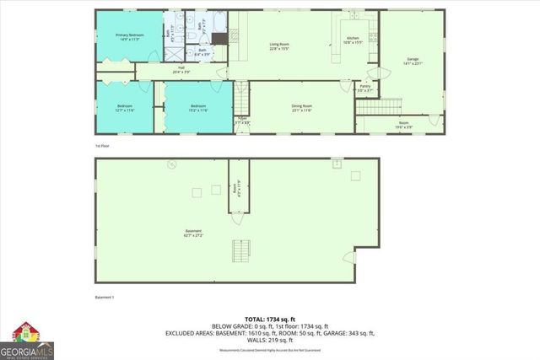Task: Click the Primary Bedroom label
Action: click(x=130, y=36)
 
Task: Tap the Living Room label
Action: click(x=280, y=46)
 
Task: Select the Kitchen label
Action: click(x=354, y=40)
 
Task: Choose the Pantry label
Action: click(x=365, y=88)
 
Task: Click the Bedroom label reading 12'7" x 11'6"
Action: click(x=124, y=107)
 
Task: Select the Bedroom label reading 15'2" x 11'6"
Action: click(x=198, y=107)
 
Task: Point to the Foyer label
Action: click(x=241, y=121)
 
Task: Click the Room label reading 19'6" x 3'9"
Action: click(x=403, y=124)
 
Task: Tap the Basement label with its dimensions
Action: click(x=194, y=234)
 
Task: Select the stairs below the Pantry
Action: click(x=376, y=106)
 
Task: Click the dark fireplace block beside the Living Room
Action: click(x=219, y=37)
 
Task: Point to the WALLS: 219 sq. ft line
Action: click(x=269, y=340)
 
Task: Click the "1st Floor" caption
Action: click(x=103, y=146)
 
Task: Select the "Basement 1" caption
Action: click(x=105, y=298)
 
